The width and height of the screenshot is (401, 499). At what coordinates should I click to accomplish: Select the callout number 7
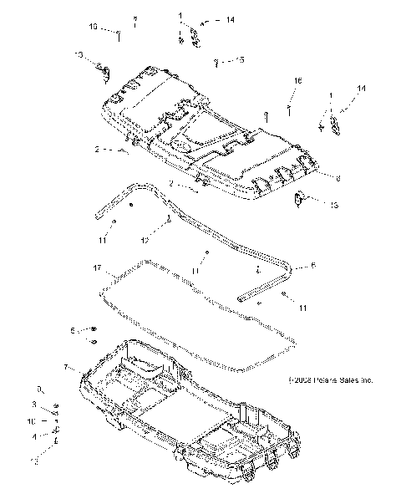(x=66, y=367)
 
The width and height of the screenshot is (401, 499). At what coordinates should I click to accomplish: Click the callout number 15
(x=240, y=60)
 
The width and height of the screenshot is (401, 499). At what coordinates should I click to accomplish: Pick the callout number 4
(x=33, y=435)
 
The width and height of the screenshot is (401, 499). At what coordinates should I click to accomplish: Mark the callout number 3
(x=33, y=405)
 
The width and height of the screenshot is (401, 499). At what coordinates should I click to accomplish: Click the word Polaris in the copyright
(x=316, y=379)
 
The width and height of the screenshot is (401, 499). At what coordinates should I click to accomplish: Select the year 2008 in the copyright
(x=293, y=379)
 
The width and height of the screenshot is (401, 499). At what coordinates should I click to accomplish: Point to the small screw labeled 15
(x=217, y=60)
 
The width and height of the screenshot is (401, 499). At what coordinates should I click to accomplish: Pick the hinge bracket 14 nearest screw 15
(x=194, y=34)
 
